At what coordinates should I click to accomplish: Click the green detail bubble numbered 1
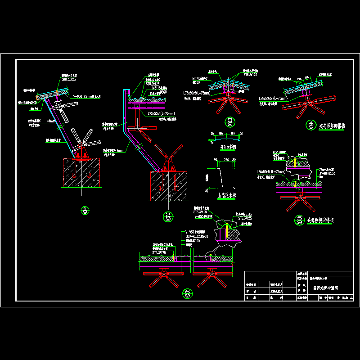(x=83, y=210)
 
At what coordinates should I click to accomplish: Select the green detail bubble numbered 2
(x=168, y=216)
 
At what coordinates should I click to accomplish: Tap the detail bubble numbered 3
(x=230, y=121)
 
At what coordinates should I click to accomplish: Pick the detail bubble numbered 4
(x=310, y=125)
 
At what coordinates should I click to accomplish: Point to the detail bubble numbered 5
(x=299, y=220)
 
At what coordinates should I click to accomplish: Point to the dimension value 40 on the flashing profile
(x=215, y=160)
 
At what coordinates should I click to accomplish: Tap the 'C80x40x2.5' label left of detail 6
(x=161, y=245)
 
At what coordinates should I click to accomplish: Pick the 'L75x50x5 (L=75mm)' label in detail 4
(x=273, y=98)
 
